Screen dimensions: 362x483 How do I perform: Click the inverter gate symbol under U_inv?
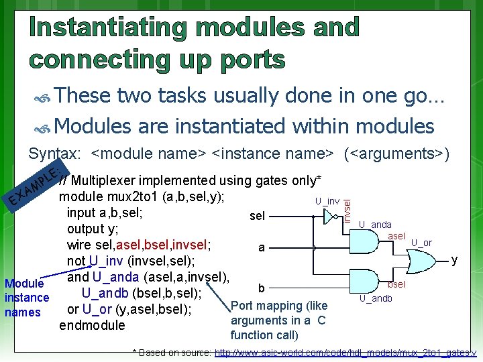pos(329,217)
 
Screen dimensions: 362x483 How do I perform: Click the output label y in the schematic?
pos(454,259)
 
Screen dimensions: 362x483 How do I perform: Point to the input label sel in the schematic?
pos(257,217)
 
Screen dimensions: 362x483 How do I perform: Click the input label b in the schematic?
pos(262,289)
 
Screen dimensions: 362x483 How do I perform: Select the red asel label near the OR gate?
pos(396,236)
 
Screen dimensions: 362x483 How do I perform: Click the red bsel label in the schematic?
pos(396,284)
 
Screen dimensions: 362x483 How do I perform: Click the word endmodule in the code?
pos(92,325)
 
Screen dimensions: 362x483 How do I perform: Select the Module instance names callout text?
pos(26,297)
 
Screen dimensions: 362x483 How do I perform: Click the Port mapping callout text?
pos(278,320)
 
